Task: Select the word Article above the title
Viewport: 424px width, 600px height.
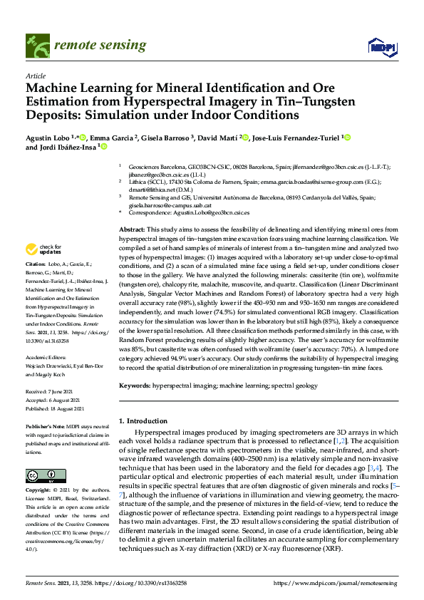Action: click(x=35, y=75)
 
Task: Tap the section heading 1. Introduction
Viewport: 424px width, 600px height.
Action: click(x=145, y=420)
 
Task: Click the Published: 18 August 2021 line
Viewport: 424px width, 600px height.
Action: click(x=55, y=408)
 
